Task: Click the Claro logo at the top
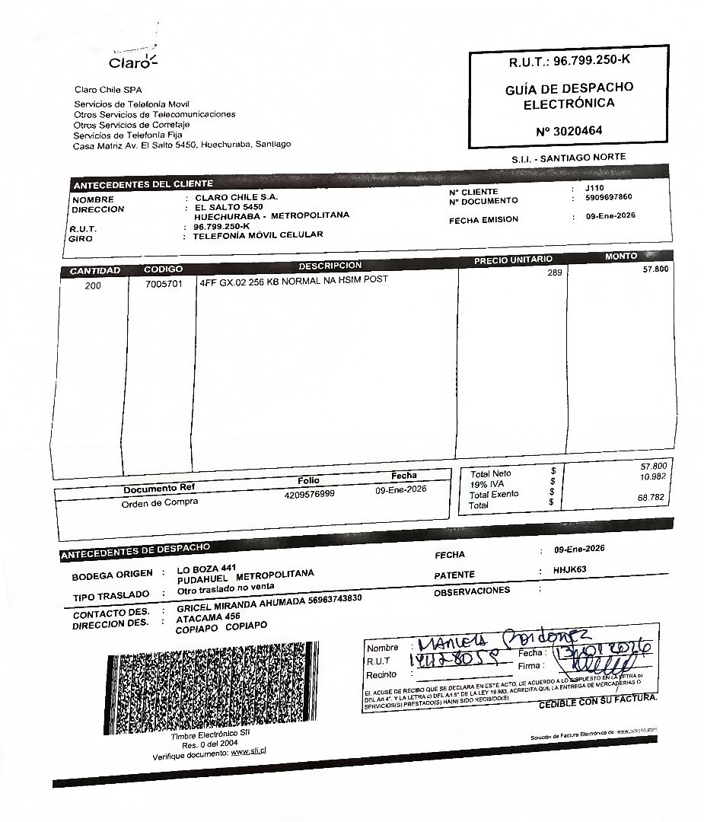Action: (x=131, y=60)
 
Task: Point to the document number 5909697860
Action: (x=609, y=197)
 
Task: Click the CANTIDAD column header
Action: (x=95, y=271)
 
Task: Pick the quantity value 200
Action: (x=93, y=286)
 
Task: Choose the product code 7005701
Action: (x=164, y=285)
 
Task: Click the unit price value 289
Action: (x=554, y=272)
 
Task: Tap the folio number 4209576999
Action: (x=309, y=493)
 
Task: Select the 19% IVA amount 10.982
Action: (x=655, y=476)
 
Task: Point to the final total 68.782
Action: (x=652, y=497)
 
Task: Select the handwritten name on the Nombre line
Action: (x=499, y=639)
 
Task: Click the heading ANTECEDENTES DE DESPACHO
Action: (x=135, y=550)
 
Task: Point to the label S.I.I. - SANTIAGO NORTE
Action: (x=569, y=158)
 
